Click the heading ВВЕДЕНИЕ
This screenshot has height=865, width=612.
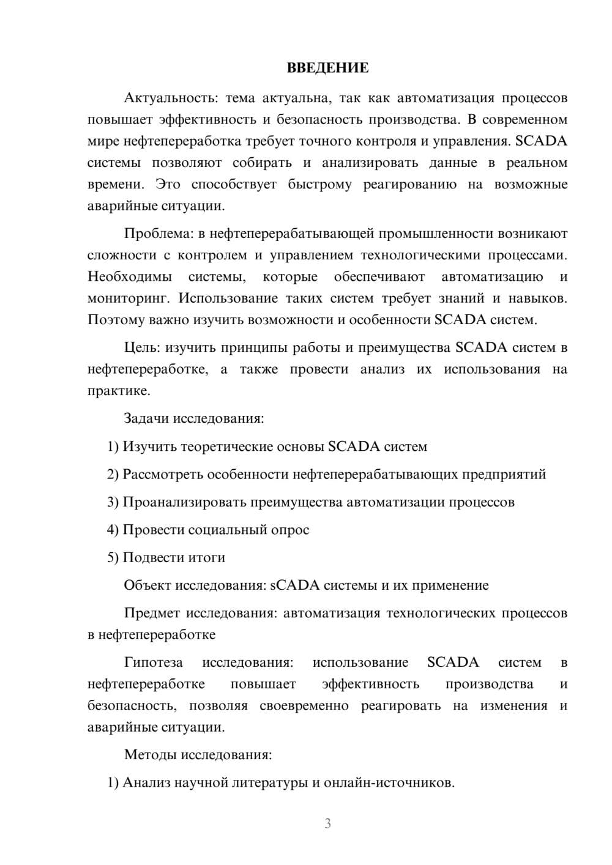click(327, 68)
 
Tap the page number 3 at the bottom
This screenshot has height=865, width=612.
click(327, 823)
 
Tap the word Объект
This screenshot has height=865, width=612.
click(147, 585)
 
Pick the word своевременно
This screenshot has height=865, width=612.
click(304, 706)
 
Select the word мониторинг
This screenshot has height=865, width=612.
click(124, 299)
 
